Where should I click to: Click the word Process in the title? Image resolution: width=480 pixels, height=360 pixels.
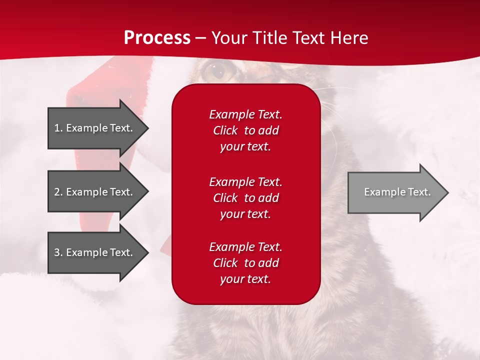(x=157, y=37)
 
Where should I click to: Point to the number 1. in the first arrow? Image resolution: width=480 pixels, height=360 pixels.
(x=58, y=128)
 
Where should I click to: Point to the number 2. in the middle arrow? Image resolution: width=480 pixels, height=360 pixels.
(x=58, y=192)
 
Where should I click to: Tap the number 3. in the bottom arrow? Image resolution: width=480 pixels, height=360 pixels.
(x=58, y=252)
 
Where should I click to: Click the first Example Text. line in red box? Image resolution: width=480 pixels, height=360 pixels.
(x=245, y=114)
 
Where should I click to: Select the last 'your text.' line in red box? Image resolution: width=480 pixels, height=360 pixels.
(x=245, y=279)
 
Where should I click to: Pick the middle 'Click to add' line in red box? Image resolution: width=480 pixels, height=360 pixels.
(x=245, y=198)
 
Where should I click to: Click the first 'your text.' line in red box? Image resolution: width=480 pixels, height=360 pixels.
(x=245, y=146)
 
